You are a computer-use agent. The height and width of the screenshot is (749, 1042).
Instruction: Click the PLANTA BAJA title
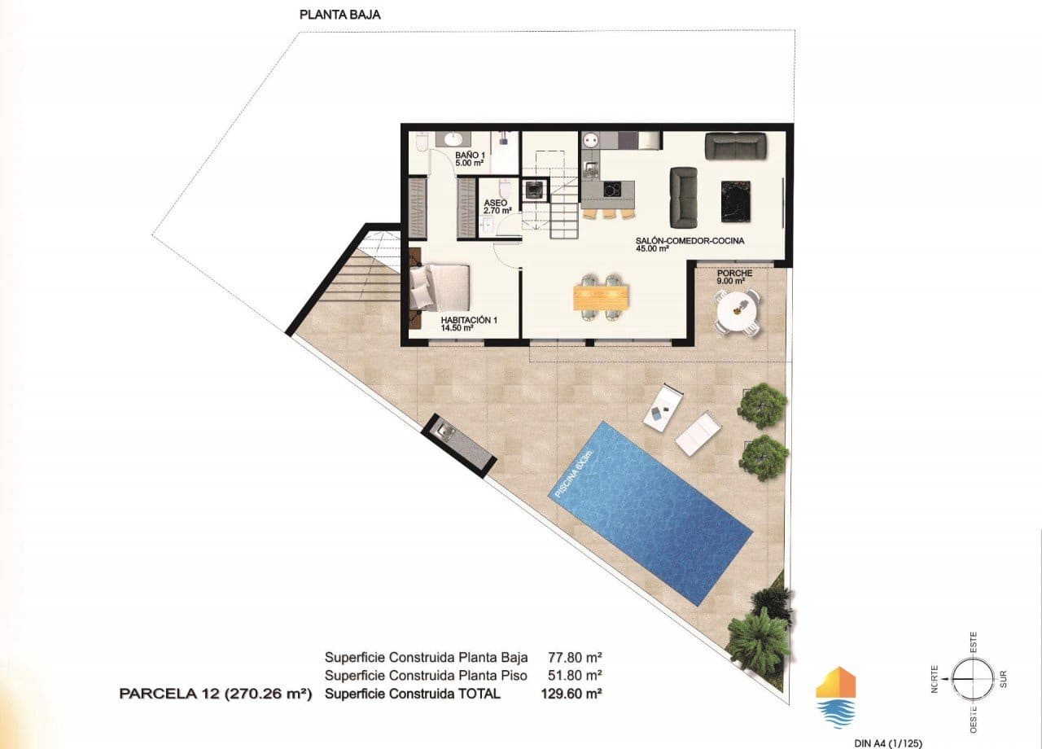[339, 14]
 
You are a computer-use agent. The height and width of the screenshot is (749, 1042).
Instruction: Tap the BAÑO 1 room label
[470, 158]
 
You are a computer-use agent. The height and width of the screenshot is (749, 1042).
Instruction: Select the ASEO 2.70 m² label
[497, 206]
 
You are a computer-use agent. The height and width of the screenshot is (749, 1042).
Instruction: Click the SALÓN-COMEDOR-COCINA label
[690, 244]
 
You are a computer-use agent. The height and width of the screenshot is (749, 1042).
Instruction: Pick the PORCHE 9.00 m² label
[733, 277]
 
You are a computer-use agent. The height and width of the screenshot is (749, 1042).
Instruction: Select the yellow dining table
[602, 296]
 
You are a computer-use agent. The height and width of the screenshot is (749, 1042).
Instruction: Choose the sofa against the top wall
[735, 147]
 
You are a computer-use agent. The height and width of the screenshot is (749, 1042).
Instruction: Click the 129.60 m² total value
[571, 694]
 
